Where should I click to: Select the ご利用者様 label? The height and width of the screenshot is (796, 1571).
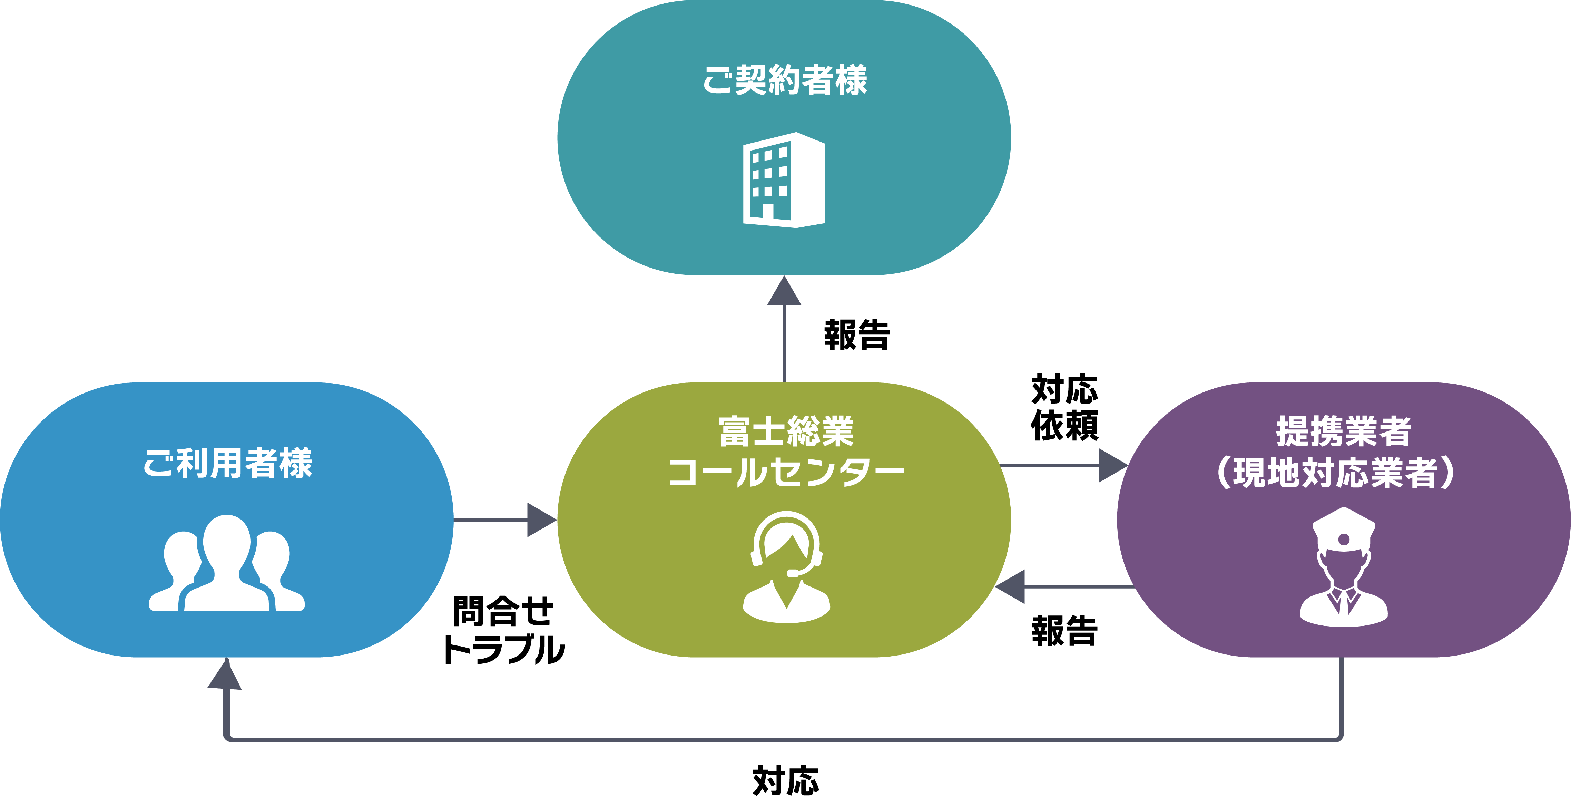[x=227, y=464]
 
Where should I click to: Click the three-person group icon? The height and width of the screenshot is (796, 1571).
[x=227, y=565]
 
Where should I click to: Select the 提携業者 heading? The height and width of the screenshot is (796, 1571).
[x=1344, y=432]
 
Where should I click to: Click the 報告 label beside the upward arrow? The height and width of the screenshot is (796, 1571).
[x=857, y=335]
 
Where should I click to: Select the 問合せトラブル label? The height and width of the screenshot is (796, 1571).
[x=503, y=630]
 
